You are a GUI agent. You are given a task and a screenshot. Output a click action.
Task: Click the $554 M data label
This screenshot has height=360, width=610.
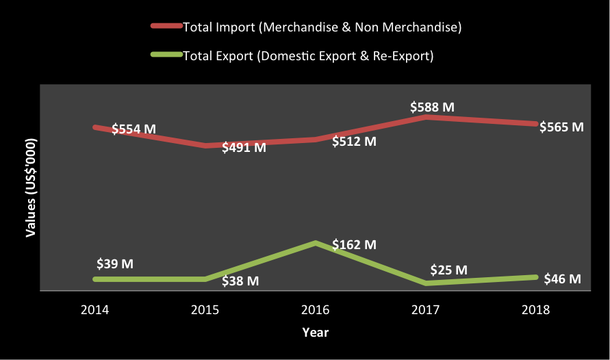pyautogui.click(x=134, y=129)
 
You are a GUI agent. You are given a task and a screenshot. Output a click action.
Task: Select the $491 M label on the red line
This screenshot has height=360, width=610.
pyautogui.click(x=244, y=147)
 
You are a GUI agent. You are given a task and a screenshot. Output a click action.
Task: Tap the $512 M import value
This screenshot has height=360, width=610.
pyautogui.click(x=354, y=142)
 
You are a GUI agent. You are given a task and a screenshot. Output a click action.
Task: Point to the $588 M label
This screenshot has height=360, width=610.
pyautogui.click(x=432, y=107)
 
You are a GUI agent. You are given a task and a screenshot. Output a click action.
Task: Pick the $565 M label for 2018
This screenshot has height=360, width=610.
pyautogui.click(x=561, y=127)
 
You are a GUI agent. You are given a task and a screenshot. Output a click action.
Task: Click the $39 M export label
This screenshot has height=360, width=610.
pyautogui.click(x=115, y=263)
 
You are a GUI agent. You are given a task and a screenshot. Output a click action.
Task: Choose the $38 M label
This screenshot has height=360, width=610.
pyautogui.click(x=240, y=281)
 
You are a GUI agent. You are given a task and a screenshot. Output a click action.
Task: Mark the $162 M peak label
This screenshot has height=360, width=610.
pyautogui.click(x=354, y=244)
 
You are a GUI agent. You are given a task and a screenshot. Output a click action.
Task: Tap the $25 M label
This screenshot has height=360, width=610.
pyautogui.click(x=448, y=270)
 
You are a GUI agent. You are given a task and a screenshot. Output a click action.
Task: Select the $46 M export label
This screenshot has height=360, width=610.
pyautogui.click(x=562, y=279)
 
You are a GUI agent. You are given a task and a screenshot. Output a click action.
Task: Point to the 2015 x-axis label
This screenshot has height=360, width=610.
pyautogui.click(x=205, y=310)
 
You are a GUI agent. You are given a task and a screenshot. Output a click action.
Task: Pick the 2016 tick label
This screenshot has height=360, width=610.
pyautogui.click(x=315, y=310)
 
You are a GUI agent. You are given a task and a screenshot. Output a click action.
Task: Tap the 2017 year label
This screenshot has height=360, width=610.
pyautogui.click(x=426, y=310)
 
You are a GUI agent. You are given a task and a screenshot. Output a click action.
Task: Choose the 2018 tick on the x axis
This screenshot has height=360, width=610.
pyautogui.click(x=536, y=310)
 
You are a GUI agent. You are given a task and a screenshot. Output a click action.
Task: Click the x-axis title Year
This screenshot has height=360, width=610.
pyautogui.click(x=315, y=333)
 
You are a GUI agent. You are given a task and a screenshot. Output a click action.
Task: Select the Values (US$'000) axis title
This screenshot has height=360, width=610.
pyautogui.click(x=31, y=187)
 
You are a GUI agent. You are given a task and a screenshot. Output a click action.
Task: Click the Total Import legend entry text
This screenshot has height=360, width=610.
pyautogui.click(x=322, y=27)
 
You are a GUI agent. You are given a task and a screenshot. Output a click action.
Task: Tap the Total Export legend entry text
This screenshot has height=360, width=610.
pyautogui.click(x=308, y=55)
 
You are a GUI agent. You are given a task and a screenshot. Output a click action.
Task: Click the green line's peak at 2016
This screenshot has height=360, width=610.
pyautogui.click(x=315, y=243)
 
